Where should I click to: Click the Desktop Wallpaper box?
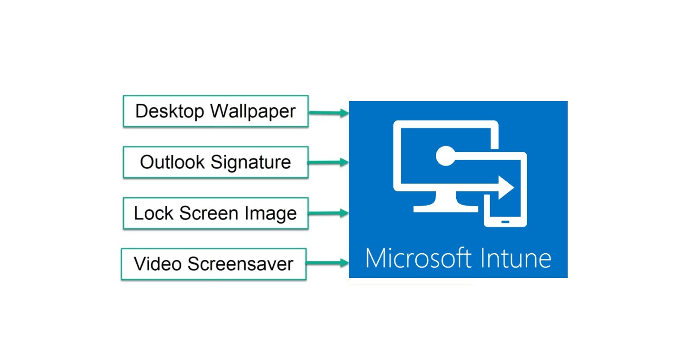tap(216, 111)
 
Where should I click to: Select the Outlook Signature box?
tap(216, 162)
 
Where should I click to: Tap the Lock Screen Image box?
tap(216, 213)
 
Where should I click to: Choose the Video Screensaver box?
tap(214, 263)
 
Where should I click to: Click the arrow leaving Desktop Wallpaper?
tap(329, 113)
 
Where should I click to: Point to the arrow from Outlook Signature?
tap(328, 162)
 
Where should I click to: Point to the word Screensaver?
tap(240, 263)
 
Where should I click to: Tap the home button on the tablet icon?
tap(505, 222)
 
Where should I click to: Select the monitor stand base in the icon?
tap(446, 209)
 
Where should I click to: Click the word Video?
tap(159, 263)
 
